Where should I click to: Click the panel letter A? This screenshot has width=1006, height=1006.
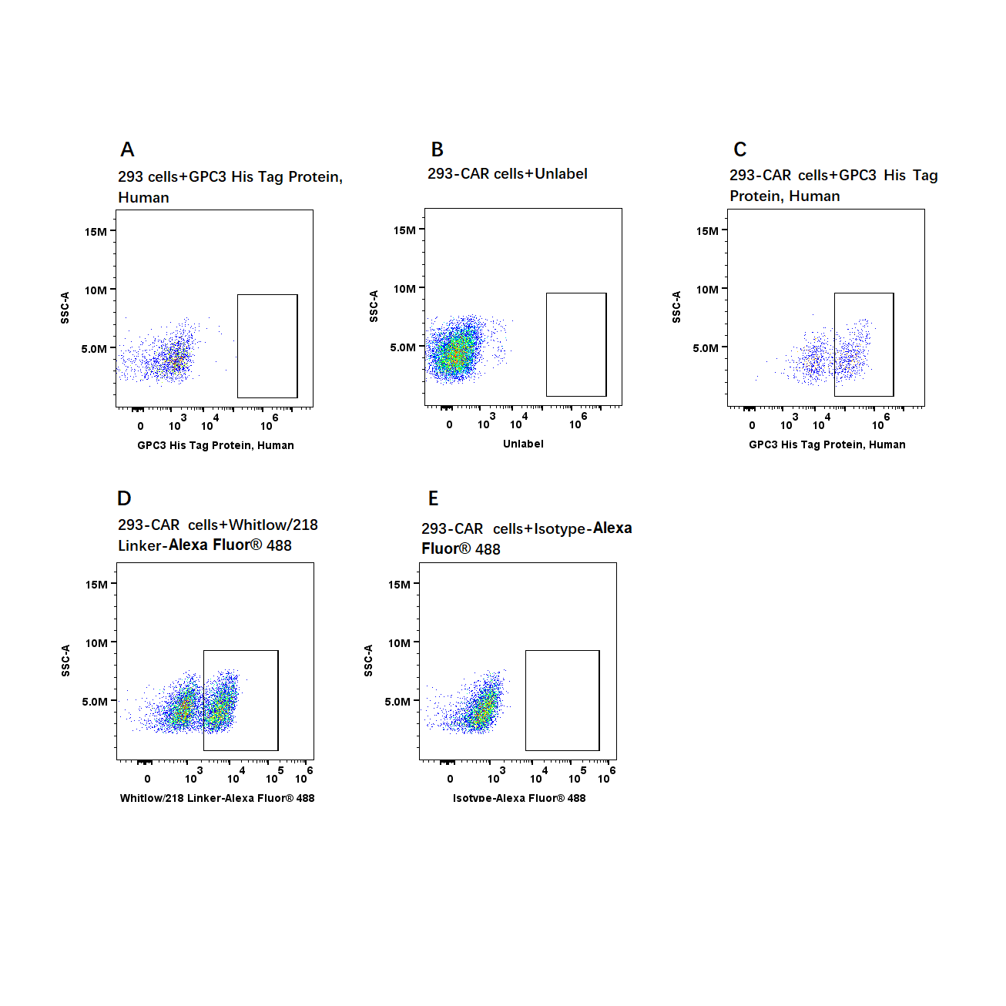tap(127, 149)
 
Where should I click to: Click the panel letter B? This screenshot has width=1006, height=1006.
tap(437, 149)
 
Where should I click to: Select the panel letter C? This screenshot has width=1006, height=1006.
tap(739, 149)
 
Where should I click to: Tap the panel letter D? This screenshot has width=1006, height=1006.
tap(124, 498)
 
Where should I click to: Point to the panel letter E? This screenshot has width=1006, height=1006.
tap(434, 498)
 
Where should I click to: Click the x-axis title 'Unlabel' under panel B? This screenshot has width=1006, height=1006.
tap(523, 444)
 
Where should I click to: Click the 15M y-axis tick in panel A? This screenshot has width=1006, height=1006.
tap(96, 231)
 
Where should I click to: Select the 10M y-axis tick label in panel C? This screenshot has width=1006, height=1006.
tap(707, 289)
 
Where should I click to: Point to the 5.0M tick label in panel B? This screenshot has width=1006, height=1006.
tap(403, 347)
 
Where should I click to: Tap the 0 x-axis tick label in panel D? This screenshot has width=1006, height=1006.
tap(147, 779)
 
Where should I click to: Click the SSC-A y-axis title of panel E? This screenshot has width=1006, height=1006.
tap(368, 660)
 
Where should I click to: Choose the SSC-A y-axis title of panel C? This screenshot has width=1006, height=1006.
tap(676, 307)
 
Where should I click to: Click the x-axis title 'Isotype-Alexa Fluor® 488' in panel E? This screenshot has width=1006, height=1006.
tap(519, 798)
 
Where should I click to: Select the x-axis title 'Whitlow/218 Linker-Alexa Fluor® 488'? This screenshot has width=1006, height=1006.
tap(217, 798)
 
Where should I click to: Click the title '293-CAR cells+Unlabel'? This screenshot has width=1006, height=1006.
tap(508, 174)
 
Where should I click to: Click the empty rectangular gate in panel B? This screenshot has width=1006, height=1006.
tap(576, 293)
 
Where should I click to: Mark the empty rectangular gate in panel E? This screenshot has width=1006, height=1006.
tap(562, 650)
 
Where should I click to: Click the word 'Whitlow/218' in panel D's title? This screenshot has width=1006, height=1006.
tap(273, 525)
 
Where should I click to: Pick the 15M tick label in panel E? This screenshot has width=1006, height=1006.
tap(399, 585)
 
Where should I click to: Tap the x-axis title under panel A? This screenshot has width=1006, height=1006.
tap(216, 445)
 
